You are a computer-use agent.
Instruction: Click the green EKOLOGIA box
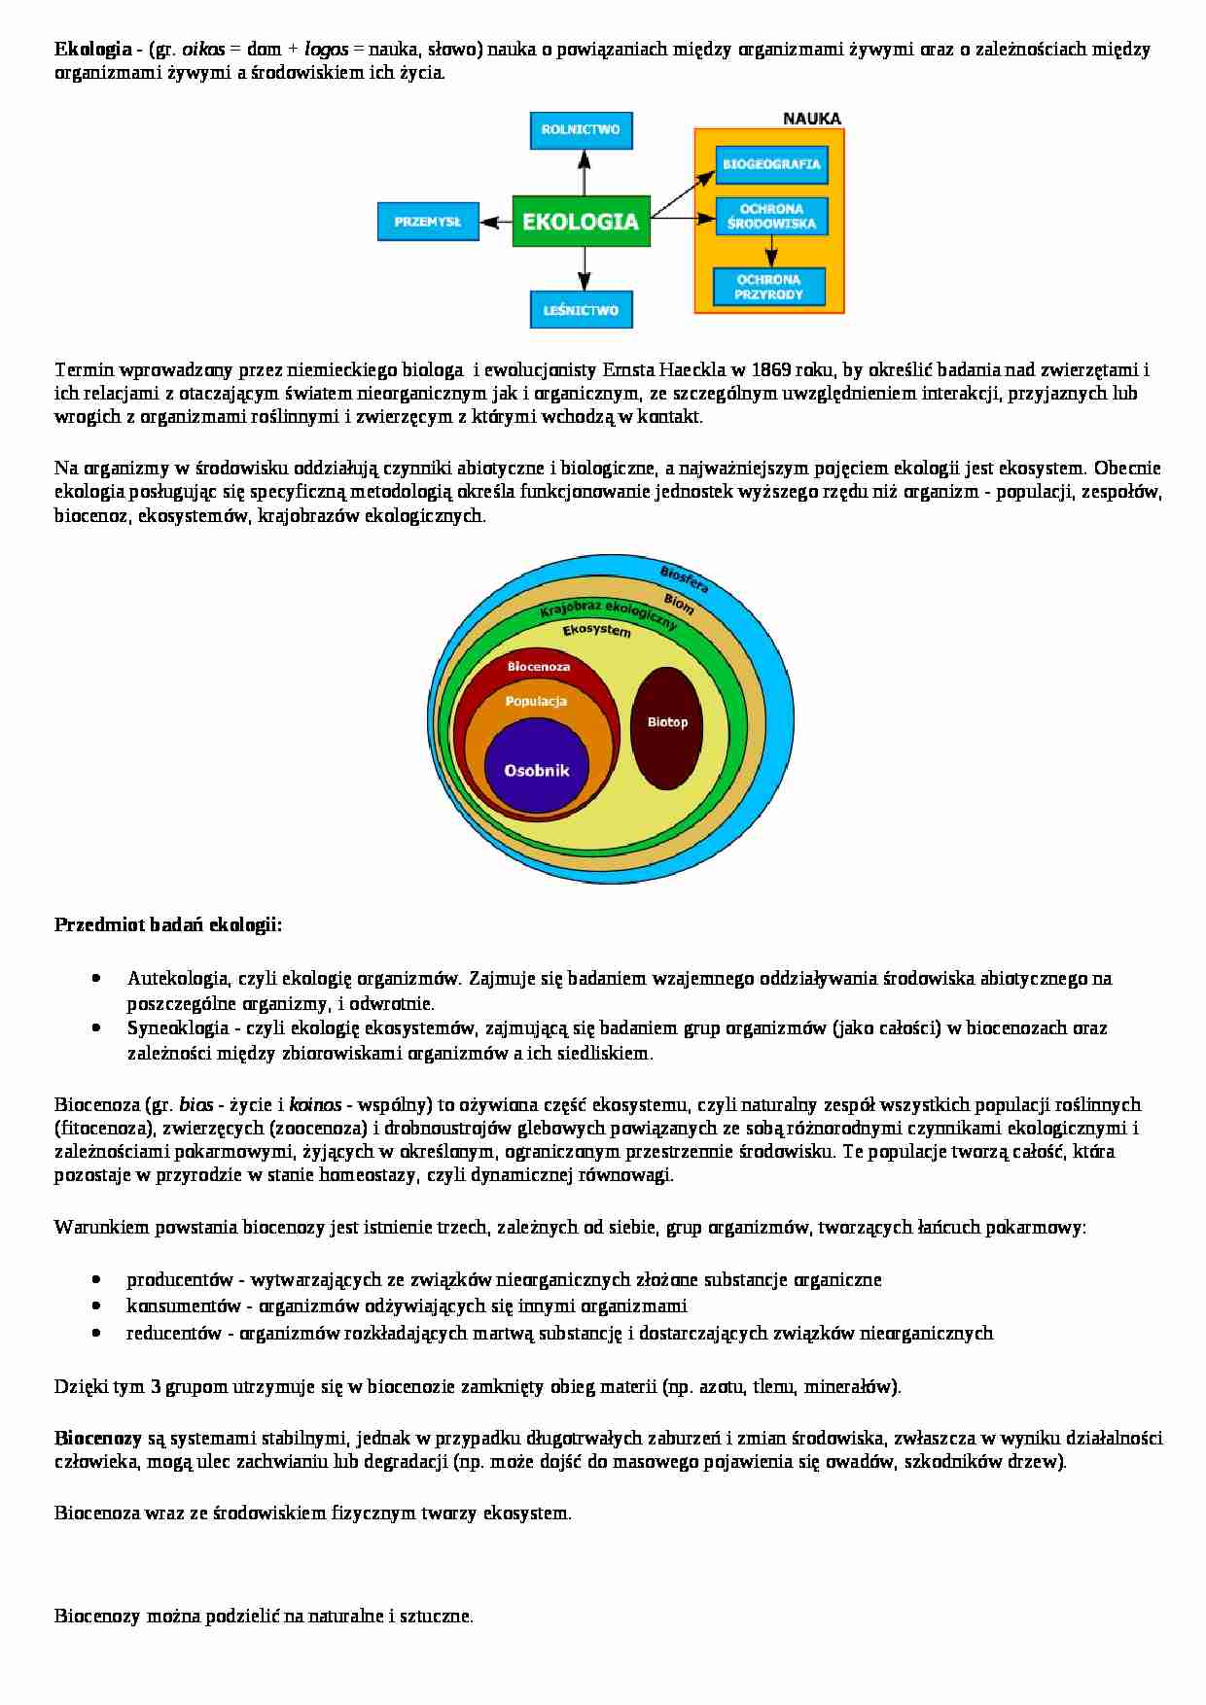581,221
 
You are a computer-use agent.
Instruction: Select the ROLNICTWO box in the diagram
581,129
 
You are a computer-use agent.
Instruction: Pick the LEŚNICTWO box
581,310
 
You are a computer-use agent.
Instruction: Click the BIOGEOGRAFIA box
770,164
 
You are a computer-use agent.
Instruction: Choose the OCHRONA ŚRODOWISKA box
770,217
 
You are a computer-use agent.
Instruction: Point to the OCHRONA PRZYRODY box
768,287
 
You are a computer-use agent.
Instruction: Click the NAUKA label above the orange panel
812,119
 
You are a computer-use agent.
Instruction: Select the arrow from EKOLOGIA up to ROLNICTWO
583,171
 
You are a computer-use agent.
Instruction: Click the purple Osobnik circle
536,771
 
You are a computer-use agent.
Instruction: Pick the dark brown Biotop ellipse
667,727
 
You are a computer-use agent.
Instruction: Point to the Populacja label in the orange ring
536,701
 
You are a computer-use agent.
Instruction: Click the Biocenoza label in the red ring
538,667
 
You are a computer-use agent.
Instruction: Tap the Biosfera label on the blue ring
684,579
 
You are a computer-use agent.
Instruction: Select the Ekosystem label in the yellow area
596,630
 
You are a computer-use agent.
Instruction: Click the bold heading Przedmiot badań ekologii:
168,924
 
